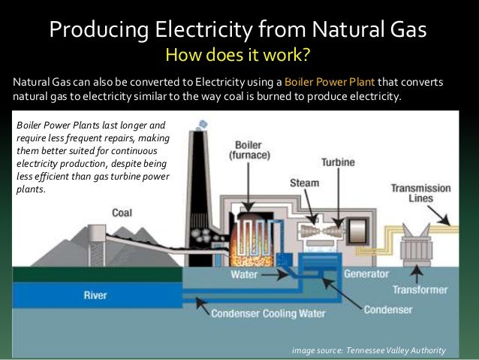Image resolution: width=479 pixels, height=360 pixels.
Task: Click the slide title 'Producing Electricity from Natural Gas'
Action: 238,31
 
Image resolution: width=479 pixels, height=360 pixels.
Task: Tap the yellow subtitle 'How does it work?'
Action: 238,56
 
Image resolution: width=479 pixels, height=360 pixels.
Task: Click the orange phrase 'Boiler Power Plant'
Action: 330,82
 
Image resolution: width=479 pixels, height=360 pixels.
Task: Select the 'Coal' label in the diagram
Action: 122,213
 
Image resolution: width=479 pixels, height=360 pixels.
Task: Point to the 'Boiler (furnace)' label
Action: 249,150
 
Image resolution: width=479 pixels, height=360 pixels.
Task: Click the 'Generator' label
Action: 366,274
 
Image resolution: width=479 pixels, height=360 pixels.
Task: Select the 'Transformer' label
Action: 421,289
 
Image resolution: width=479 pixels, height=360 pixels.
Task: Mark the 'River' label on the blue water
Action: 95,295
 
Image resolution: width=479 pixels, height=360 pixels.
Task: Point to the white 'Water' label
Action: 244,274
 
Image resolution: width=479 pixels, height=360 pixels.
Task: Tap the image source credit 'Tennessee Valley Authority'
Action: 393,350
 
